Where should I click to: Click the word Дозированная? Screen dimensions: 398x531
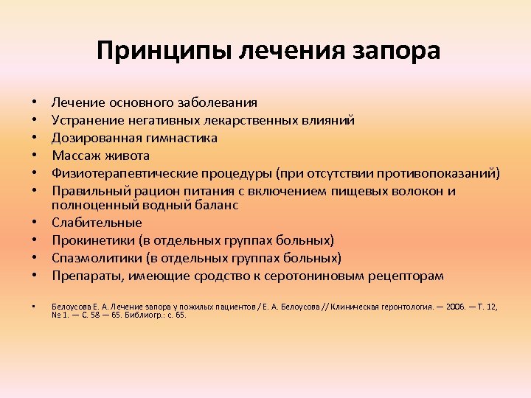coord(92,138)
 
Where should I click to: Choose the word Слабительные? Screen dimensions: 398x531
coord(97,222)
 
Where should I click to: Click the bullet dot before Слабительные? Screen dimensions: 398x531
coord(35,223)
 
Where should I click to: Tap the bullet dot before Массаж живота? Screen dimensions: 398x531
coord(35,156)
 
